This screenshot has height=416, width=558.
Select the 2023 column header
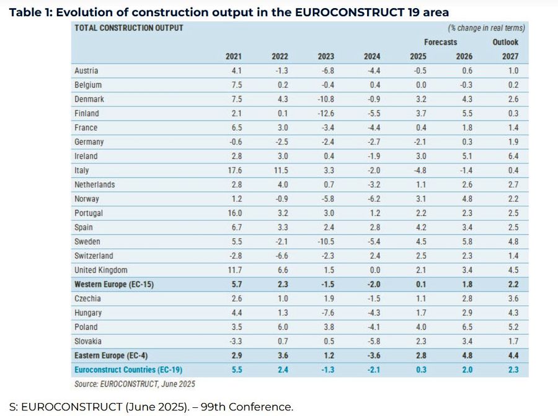coord(325,57)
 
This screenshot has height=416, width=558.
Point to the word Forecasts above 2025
coord(441,42)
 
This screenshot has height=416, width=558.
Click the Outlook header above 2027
coord(505,42)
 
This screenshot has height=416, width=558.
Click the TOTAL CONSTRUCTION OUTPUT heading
coord(128,28)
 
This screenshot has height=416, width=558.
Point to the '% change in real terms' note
coord(486,28)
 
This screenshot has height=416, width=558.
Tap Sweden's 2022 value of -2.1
coord(280,242)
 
